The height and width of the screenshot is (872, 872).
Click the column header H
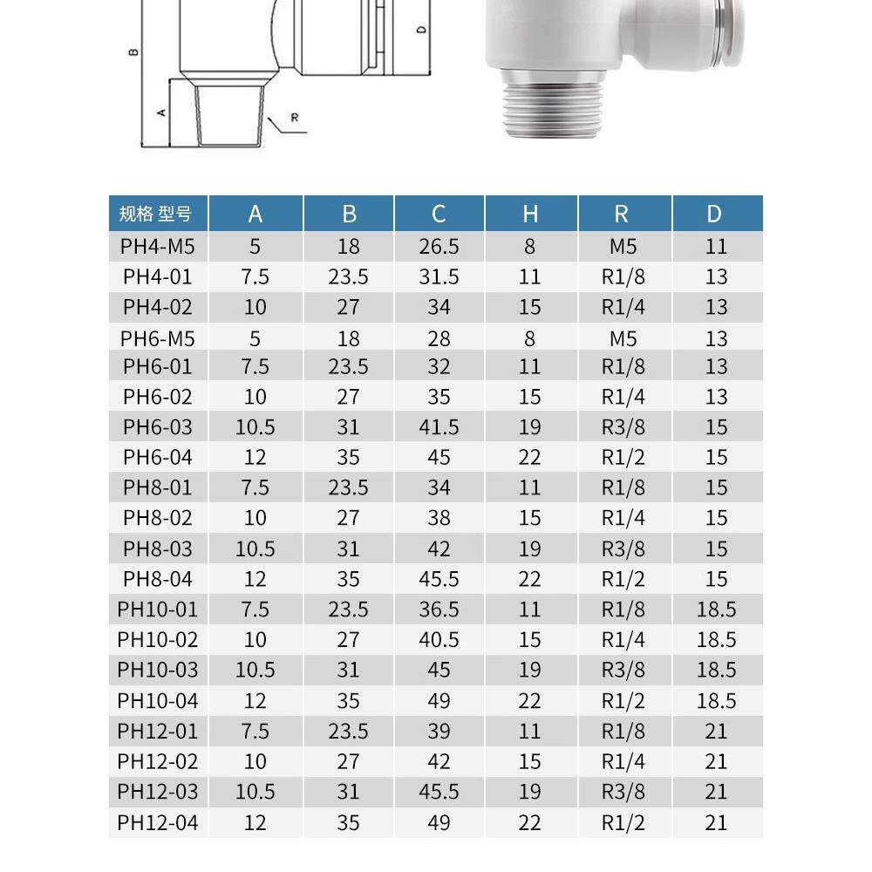(x=530, y=214)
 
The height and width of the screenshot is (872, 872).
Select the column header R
(x=622, y=214)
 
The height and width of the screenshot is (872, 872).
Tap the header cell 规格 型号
(x=158, y=214)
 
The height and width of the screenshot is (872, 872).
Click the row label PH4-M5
(x=158, y=247)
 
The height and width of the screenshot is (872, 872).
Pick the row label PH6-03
(x=158, y=427)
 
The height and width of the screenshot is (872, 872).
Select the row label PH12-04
(x=158, y=822)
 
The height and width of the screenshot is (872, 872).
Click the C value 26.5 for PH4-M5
(x=439, y=247)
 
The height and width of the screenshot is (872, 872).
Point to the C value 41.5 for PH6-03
(x=439, y=427)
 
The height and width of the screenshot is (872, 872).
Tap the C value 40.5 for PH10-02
(x=439, y=640)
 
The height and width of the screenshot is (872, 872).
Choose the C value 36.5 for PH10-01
(x=439, y=610)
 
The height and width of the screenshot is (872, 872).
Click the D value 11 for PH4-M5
(x=716, y=247)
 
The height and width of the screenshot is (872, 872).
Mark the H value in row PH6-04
(x=530, y=458)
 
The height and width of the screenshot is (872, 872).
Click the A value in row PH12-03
(x=255, y=792)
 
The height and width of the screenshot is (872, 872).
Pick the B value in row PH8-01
(x=348, y=487)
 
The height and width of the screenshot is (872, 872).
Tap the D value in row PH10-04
(x=716, y=701)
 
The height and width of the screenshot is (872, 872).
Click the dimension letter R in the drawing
(x=295, y=117)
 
